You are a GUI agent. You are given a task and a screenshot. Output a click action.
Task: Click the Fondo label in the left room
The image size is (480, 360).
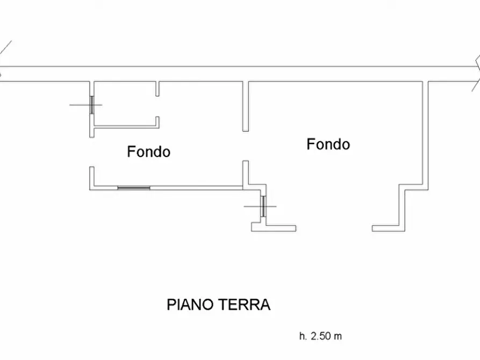[148, 152]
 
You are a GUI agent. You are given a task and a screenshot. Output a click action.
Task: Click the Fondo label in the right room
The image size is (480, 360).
[328, 144]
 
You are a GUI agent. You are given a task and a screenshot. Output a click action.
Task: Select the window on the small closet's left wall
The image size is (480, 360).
[92, 104]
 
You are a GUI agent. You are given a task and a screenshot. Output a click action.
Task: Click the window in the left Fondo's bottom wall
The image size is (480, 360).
[134, 188]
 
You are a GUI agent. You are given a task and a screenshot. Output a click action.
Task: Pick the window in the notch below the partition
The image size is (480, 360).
[263, 206]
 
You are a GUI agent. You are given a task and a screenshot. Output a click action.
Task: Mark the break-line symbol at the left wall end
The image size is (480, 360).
[4, 59]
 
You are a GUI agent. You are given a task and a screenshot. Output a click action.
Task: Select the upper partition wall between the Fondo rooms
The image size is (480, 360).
[246, 106]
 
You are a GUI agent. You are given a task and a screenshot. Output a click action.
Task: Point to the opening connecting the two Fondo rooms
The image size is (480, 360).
[246, 146]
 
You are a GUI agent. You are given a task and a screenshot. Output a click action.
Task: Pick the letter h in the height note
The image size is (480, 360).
[302, 336]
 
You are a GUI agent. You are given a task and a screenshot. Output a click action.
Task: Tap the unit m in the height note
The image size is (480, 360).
[338, 336]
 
